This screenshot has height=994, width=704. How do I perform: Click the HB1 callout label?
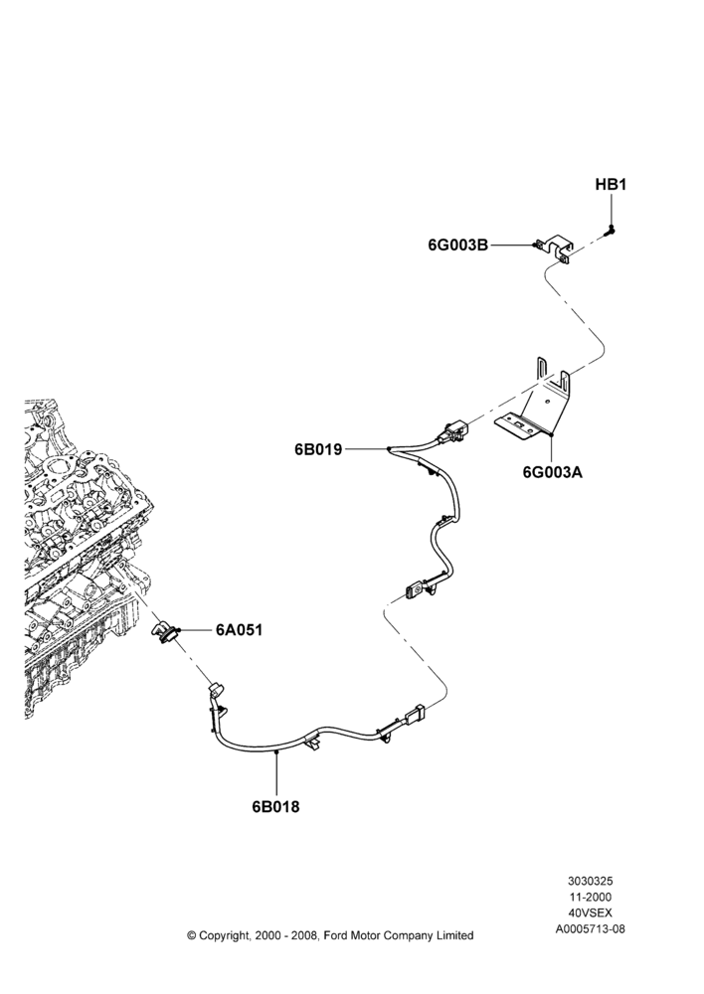pyautogui.click(x=611, y=185)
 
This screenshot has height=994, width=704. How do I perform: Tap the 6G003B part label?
pyautogui.click(x=458, y=245)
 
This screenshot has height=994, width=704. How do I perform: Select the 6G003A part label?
pyautogui.click(x=553, y=472)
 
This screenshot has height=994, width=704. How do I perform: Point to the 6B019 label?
pyautogui.click(x=318, y=449)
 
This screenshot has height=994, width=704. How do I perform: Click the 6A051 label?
pyautogui.click(x=239, y=630)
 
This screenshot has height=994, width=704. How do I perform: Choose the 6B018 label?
pyautogui.click(x=275, y=807)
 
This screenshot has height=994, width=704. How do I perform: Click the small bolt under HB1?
pyautogui.click(x=611, y=230)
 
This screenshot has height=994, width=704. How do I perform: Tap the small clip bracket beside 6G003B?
pyautogui.click(x=554, y=248)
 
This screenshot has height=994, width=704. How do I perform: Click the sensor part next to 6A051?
pyautogui.click(x=164, y=632)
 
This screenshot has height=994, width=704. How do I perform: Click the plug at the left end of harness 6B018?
pyautogui.click(x=217, y=690)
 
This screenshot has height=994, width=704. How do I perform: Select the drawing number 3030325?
pyautogui.click(x=590, y=881)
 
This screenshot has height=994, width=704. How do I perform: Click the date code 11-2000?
pyautogui.click(x=590, y=897)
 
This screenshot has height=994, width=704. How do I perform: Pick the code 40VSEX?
pyautogui.click(x=590, y=912)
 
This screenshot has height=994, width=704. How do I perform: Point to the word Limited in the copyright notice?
pyautogui.click(x=454, y=935)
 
